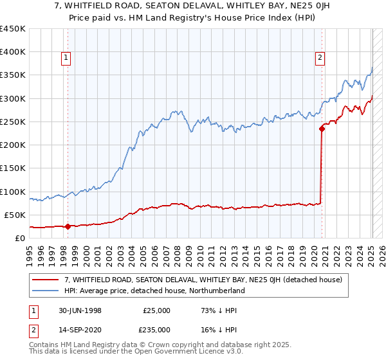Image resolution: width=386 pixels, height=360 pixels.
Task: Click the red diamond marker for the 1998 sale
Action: (x=68, y=226)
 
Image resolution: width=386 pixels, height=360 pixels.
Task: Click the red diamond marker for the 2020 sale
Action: (x=322, y=128)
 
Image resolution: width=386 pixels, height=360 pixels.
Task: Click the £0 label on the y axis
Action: (x=19, y=239)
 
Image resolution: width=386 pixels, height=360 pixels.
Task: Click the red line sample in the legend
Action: (x=46, y=280)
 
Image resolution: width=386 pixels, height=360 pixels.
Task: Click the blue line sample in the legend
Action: (x=46, y=291)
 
